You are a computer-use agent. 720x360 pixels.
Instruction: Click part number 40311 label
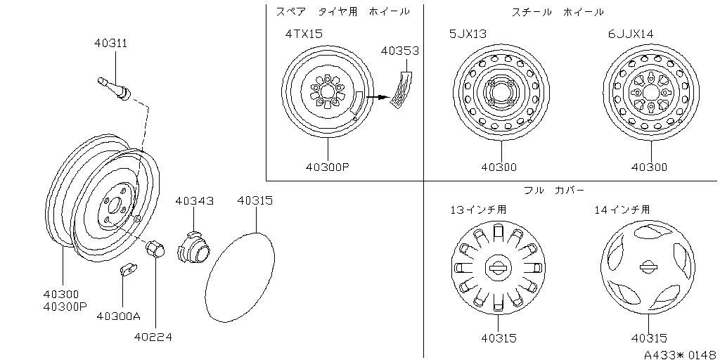click(x=110, y=43)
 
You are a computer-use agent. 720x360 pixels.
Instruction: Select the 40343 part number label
click(x=194, y=201)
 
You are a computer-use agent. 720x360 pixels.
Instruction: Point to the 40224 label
click(x=153, y=337)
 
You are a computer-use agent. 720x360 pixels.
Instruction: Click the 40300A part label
click(x=118, y=316)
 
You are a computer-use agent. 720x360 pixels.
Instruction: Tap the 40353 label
click(x=399, y=51)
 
